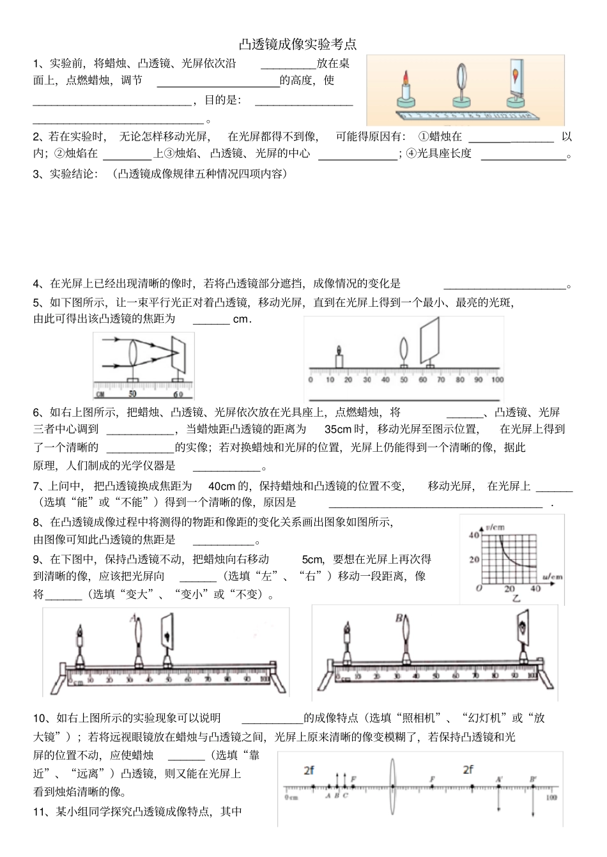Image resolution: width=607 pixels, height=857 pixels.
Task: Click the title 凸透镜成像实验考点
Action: tap(298, 45)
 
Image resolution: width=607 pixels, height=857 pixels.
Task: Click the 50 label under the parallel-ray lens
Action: tap(132, 394)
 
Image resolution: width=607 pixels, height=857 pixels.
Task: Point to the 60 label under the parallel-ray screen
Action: tap(178, 394)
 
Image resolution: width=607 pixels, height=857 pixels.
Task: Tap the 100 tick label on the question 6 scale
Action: tap(497, 380)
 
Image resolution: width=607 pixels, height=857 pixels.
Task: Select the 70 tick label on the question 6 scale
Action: tap(442, 380)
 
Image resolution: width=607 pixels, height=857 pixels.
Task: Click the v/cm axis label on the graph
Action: tap(495, 527)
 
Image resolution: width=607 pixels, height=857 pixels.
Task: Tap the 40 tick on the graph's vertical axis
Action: tap(473, 536)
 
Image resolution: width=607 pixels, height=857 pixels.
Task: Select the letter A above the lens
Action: tap(133, 618)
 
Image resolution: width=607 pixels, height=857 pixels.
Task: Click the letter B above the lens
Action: tap(399, 618)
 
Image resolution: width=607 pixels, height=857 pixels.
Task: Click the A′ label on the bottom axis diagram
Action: tap(498, 779)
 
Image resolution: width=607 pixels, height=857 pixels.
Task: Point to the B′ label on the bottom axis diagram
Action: tap(533, 779)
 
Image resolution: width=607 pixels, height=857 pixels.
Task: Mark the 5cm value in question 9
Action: tap(312, 559)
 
